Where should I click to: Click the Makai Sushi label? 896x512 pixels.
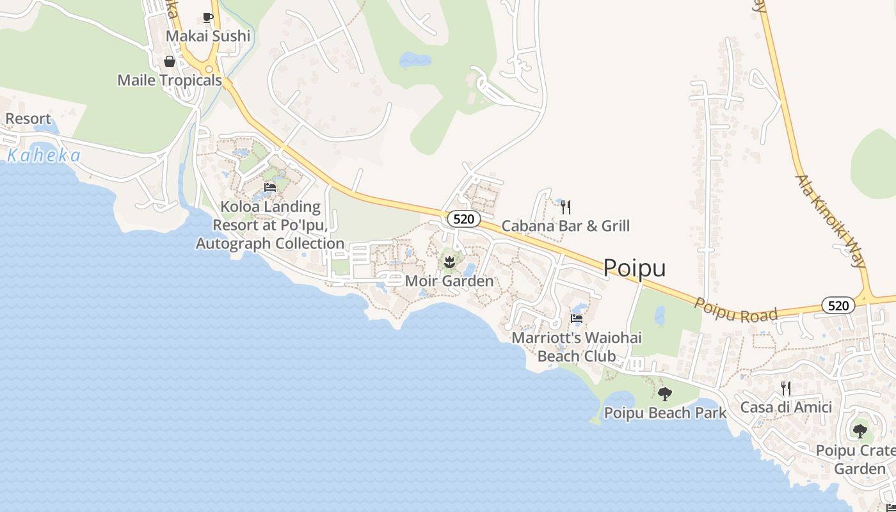(x=208, y=36)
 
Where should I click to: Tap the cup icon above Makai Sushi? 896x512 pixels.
(x=207, y=17)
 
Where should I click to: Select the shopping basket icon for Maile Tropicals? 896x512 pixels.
(x=170, y=61)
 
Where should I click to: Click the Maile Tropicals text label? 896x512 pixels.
(x=170, y=80)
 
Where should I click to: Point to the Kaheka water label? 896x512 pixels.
(x=44, y=156)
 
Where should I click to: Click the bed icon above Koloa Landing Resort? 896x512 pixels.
(x=270, y=188)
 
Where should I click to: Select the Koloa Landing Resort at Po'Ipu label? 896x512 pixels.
(x=270, y=225)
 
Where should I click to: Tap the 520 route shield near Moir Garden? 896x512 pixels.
(x=463, y=219)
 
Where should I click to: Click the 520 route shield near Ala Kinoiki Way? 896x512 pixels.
(x=838, y=305)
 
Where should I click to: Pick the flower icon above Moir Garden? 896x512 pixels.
(x=449, y=261)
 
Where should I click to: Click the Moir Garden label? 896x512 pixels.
(x=449, y=281)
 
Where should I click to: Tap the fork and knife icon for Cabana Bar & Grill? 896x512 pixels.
(x=565, y=207)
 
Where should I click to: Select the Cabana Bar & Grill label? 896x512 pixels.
(x=565, y=225)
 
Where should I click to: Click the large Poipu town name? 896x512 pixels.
(x=634, y=268)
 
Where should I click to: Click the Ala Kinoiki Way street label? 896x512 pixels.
(x=831, y=220)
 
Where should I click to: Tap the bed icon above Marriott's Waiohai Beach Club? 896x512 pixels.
(x=577, y=319)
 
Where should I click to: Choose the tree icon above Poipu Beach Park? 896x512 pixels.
(x=665, y=394)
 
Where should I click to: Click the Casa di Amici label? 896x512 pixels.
(x=786, y=407)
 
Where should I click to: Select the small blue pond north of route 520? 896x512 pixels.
(x=415, y=60)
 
